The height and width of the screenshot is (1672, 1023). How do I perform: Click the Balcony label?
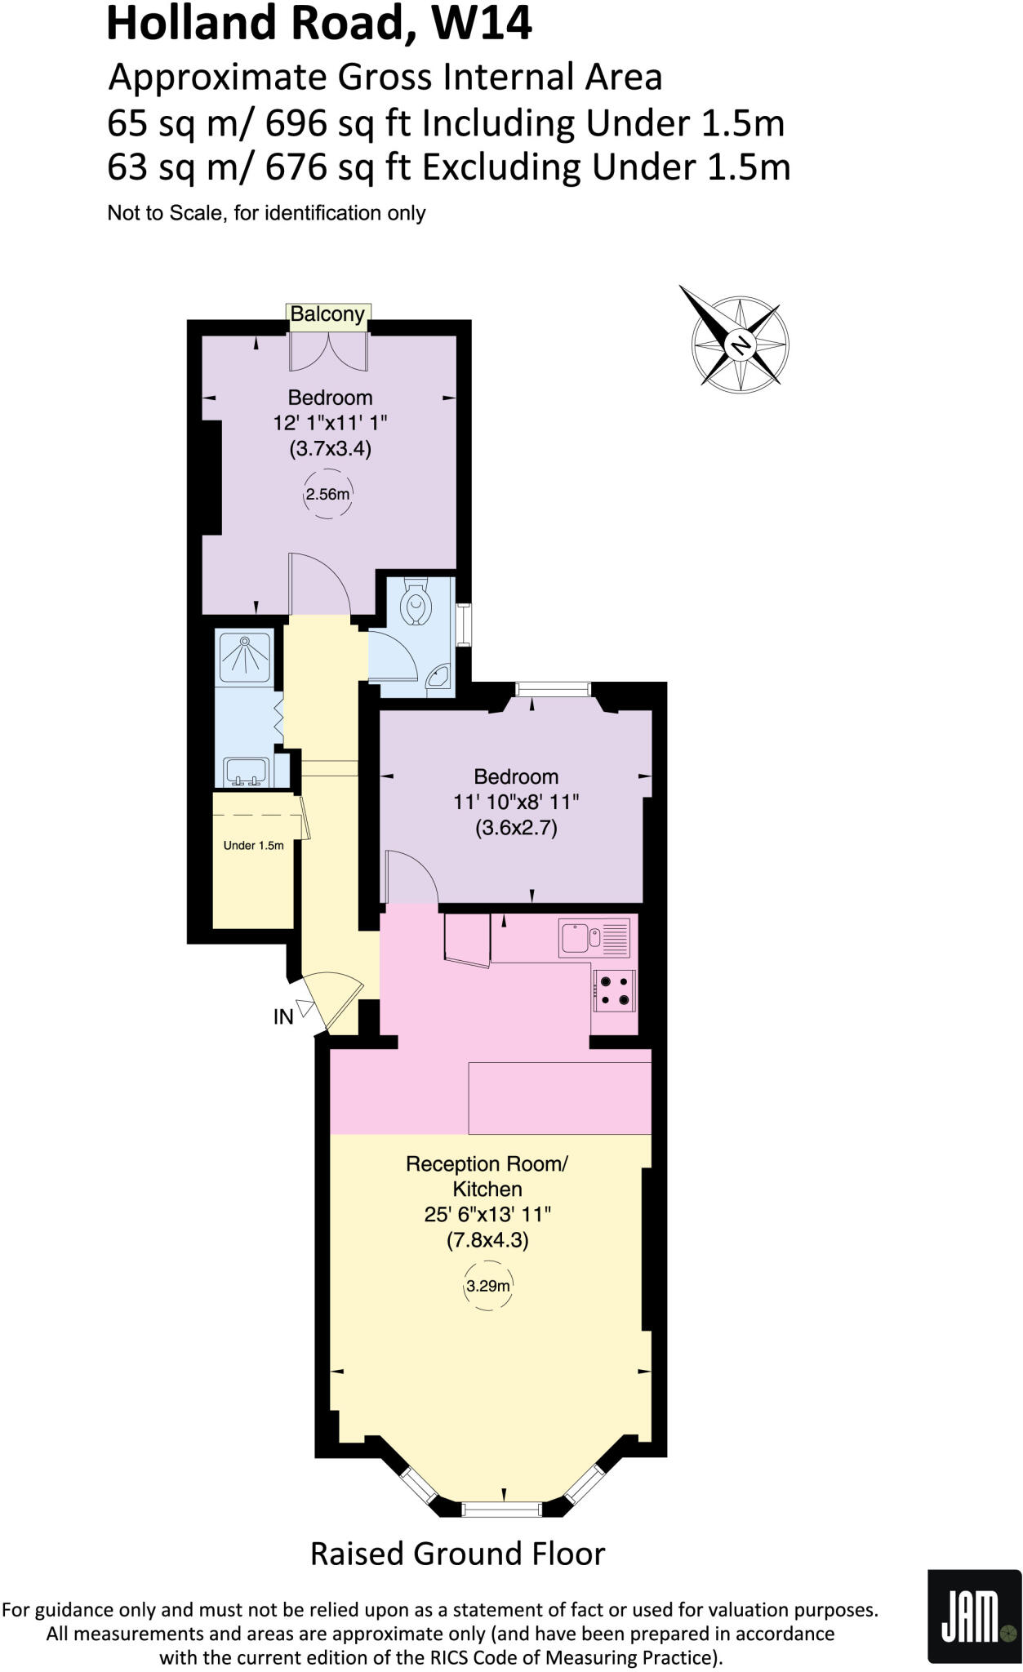point(327,314)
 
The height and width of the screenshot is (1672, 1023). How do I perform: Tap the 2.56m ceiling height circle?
point(328,494)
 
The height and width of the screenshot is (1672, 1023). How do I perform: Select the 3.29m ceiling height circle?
point(487,1287)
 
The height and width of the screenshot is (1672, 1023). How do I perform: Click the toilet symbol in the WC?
point(416,604)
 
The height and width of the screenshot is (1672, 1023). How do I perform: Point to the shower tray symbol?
point(244,654)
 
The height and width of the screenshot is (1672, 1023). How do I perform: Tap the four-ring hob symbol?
point(614,991)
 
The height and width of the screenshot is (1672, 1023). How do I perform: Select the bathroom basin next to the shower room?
point(247,771)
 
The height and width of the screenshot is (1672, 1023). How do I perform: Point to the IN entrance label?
point(283,1017)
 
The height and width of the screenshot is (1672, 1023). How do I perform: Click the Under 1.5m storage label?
point(253,846)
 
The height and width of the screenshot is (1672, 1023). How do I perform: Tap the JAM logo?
point(974,1616)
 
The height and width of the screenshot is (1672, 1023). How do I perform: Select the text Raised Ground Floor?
point(457,1553)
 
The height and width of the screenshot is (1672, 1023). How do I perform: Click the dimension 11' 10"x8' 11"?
point(516,802)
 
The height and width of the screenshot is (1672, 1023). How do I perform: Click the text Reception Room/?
point(487,1163)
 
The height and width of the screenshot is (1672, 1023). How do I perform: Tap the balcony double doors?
point(328,351)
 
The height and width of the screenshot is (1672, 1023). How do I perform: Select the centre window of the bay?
point(501,1510)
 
